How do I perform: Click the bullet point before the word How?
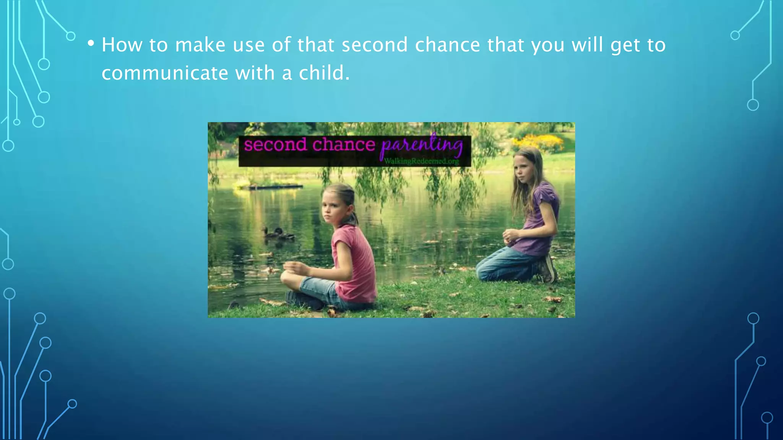tap(91, 43)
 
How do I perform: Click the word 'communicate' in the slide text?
tap(165, 73)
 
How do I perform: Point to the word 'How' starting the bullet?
tap(122, 45)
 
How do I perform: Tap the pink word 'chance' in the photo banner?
tap(343, 145)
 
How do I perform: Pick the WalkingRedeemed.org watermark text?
tap(421, 162)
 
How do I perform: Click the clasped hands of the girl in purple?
tap(511, 236)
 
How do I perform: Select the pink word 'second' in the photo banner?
tap(275, 145)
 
